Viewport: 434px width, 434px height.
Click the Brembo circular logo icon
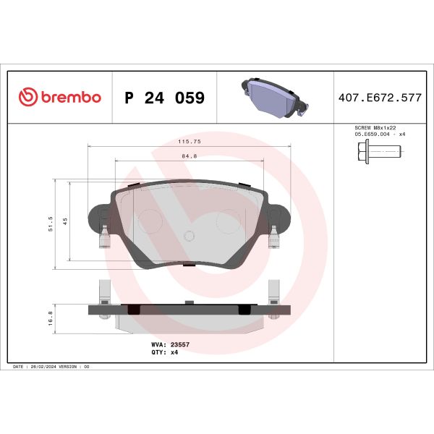(26, 98)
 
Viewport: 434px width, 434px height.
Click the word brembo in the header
(69, 98)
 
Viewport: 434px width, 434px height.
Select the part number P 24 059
(164, 98)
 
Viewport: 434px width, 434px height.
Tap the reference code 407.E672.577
(380, 98)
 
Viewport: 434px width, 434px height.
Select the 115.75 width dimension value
(189, 143)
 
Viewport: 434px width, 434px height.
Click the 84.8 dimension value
(189, 156)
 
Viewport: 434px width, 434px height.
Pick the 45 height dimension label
(65, 222)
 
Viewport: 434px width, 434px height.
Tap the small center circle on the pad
(189, 234)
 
